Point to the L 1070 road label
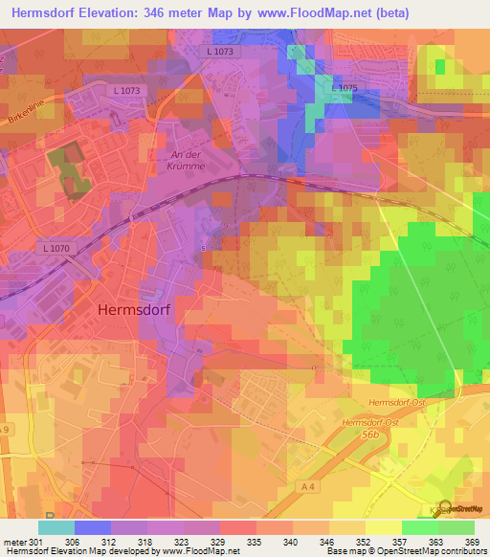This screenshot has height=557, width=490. (57, 250)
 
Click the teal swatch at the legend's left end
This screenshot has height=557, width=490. (56, 527)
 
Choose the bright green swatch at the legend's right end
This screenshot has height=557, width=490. (457, 527)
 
